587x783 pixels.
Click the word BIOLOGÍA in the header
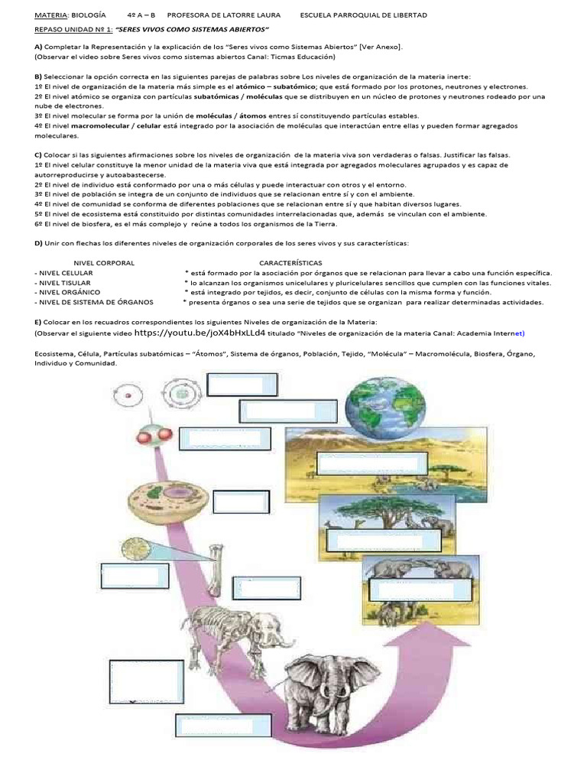[x=88, y=15]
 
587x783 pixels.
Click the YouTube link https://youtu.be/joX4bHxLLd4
[x=200, y=333]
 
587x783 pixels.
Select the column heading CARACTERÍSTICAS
[x=290, y=263]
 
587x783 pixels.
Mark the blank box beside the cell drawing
[x=237, y=502]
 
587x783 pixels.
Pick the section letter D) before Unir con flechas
[x=38, y=243]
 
